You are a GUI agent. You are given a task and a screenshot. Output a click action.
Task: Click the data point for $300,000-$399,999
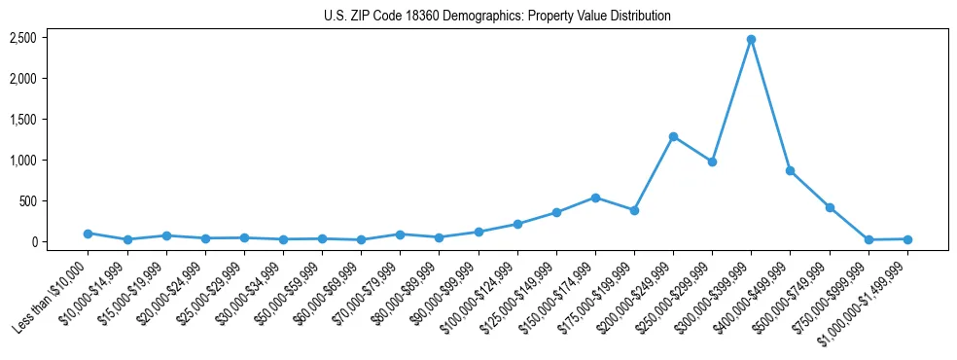[751, 39]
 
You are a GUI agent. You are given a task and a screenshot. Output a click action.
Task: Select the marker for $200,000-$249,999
[673, 136]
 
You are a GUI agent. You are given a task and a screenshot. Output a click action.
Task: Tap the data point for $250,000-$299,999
[712, 162]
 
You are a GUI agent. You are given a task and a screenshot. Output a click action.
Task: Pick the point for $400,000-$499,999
[790, 170]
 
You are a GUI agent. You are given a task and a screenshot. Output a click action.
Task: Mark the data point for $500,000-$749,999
[830, 207]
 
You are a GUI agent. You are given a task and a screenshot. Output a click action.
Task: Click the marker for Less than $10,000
[88, 234]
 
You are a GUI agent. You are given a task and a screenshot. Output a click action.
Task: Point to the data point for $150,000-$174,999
[595, 198]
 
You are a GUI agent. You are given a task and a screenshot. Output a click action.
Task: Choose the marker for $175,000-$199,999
[634, 210]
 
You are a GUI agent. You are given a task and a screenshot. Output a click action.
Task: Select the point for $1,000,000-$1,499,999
[907, 238]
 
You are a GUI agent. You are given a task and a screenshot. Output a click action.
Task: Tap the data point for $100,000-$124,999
[517, 224]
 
